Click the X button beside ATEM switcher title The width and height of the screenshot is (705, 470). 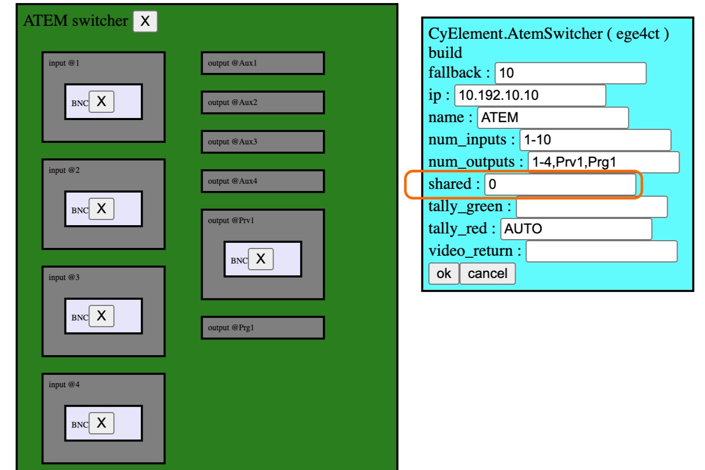click(x=145, y=21)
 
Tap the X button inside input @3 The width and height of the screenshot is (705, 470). click(x=101, y=316)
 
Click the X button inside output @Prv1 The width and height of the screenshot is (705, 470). click(x=261, y=259)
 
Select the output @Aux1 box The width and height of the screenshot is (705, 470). click(x=263, y=63)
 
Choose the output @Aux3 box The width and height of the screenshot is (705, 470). click(x=263, y=142)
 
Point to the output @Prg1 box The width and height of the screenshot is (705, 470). click(x=263, y=328)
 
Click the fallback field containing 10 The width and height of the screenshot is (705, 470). click(x=571, y=73)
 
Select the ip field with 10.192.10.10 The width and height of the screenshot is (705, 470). click(x=530, y=95)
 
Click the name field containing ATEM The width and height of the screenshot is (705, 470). click(x=552, y=117)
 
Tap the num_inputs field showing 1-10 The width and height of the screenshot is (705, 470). click(x=595, y=140)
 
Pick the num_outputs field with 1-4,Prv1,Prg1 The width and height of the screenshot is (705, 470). click(x=603, y=162)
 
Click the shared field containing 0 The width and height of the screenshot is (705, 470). click(x=560, y=184)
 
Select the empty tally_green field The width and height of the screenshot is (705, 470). click(x=592, y=207)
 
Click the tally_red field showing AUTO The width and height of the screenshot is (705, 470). click(x=576, y=229)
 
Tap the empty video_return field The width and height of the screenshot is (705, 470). click(x=601, y=252)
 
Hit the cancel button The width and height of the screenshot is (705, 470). click(x=487, y=274)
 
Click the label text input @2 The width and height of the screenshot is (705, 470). click(x=64, y=170)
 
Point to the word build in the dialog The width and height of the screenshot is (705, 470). click(x=445, y=53)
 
